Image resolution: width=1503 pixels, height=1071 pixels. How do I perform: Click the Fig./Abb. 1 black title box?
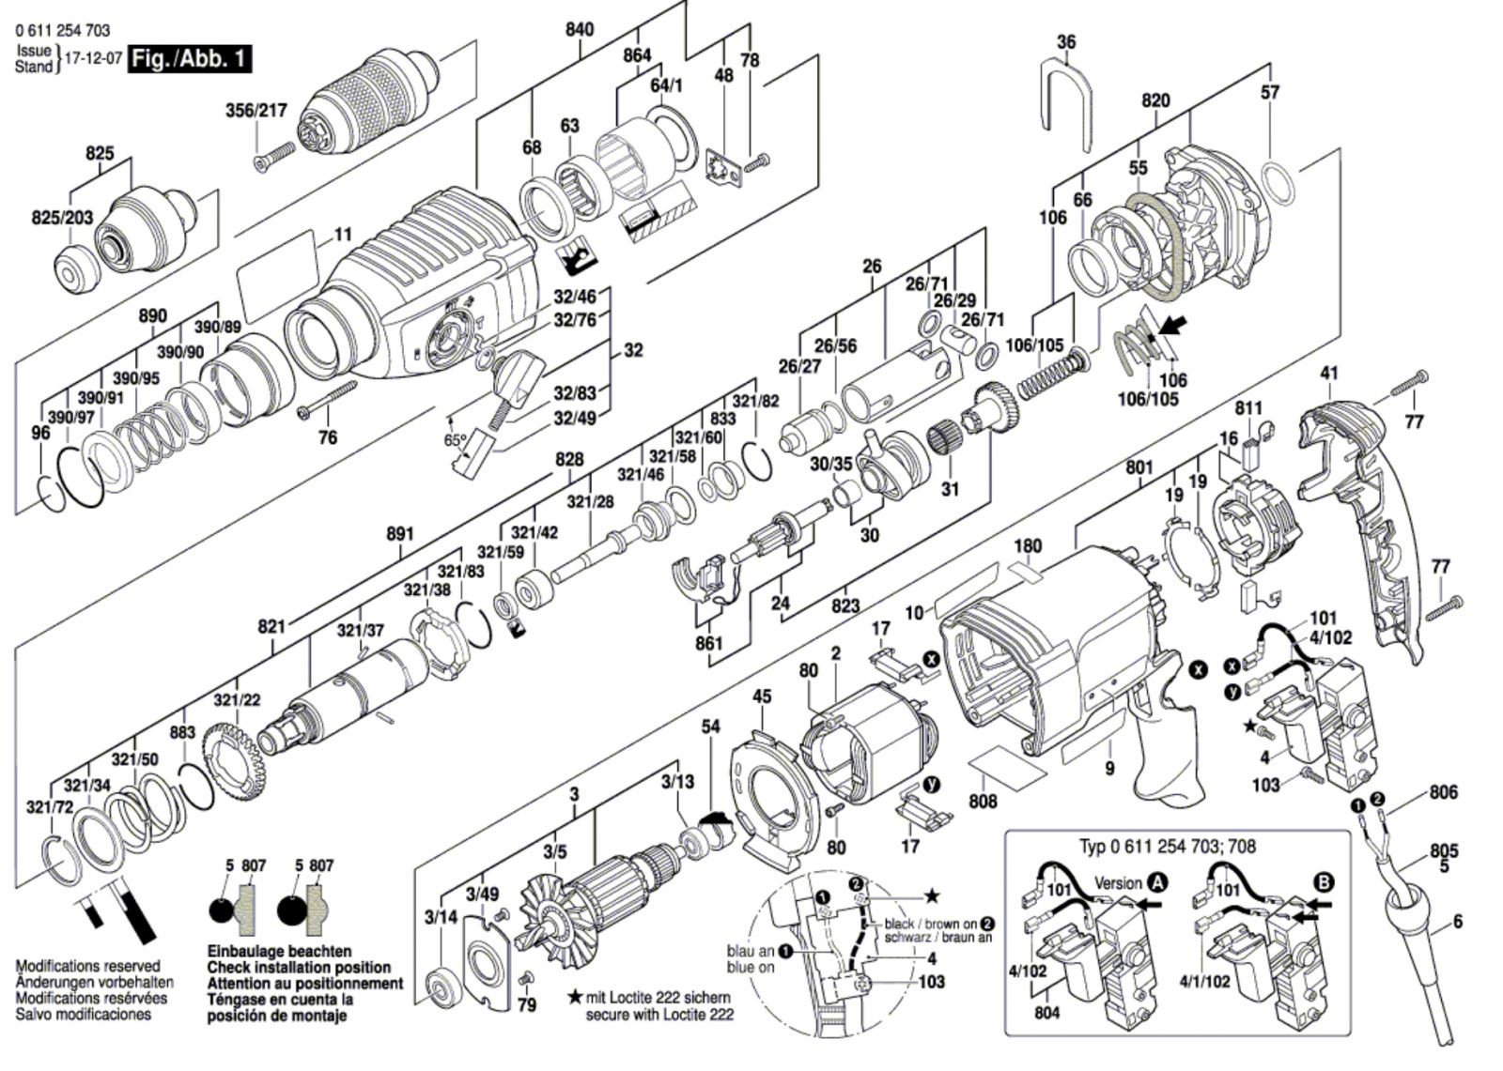pos(191,58)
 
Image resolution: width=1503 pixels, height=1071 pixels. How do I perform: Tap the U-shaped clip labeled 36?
pos(1066,103)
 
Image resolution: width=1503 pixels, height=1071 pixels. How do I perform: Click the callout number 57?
pos(1269,92)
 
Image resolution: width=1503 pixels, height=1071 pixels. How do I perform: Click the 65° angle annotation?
pos(455,439)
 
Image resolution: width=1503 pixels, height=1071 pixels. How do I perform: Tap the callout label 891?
pos(399,534)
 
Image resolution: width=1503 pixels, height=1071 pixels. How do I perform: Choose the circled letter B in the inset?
pos(1324,882)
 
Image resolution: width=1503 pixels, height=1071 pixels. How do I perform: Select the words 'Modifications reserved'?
pos(87,966)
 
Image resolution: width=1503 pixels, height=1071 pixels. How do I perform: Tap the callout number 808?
pos(984,802)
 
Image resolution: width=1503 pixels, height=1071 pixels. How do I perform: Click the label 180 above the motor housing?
pos(1028,546)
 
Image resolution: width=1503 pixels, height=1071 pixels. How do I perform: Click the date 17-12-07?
pos(92,58)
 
